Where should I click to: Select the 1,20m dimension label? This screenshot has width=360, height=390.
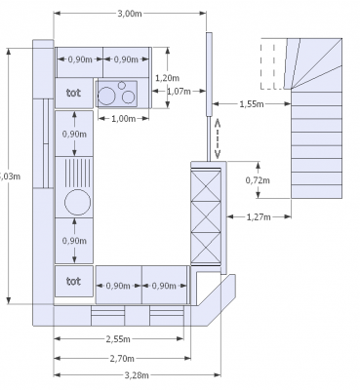tap(164, 78)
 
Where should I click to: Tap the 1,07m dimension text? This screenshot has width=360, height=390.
tap(178, 92)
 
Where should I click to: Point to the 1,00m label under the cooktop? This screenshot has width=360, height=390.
tap(123, 119)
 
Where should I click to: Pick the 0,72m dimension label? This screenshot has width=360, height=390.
tap(257, 180)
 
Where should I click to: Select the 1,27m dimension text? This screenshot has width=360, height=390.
tap(259, 216)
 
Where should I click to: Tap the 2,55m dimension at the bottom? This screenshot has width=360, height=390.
tap(119, 339)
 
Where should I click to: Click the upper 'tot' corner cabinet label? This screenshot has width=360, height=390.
tap(73, 94)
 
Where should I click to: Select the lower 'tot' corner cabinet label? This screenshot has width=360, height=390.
tap(73, 281)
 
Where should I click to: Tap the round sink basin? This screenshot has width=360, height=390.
tap(75, 203)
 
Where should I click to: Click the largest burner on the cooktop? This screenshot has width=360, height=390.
tap(126, 96)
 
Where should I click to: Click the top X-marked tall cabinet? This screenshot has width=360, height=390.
tap(207, 182)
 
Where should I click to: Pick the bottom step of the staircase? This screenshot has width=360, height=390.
tap(316, 187)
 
